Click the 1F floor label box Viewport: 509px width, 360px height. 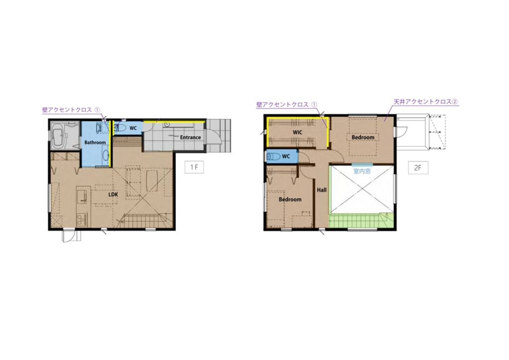194,167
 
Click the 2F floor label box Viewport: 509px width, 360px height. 418,168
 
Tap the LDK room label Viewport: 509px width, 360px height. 113,194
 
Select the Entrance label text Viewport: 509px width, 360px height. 190,137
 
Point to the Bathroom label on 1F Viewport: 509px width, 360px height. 95,142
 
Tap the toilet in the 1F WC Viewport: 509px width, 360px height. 120,128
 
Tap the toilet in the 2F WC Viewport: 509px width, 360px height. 273,157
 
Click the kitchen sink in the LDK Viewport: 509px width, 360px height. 83,196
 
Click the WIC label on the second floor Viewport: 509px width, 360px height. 297,132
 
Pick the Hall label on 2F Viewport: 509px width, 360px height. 322,190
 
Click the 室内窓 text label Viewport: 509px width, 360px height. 362,171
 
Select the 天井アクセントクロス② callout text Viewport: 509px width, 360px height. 425,101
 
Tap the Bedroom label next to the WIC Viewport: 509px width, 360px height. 363,137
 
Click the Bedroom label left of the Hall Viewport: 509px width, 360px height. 290,199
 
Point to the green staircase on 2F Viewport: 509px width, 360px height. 362,221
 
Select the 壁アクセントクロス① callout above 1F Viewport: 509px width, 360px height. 71,110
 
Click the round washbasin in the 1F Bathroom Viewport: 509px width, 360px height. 106,156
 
